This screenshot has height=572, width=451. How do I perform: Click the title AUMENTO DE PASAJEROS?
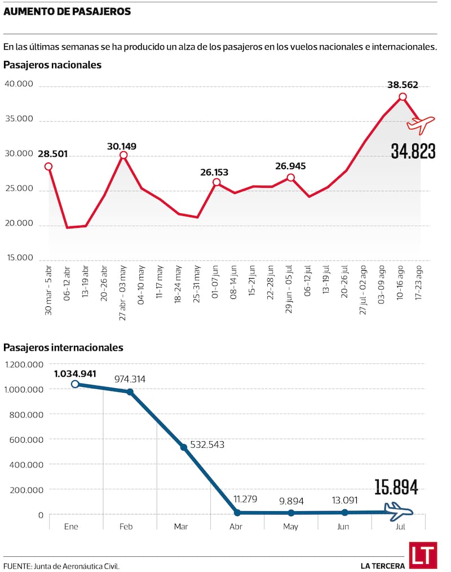67,11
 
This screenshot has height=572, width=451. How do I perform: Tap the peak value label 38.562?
403,85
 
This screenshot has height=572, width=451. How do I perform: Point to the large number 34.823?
413,151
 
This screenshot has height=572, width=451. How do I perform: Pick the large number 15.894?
396,487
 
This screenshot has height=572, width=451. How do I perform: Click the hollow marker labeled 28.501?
48,166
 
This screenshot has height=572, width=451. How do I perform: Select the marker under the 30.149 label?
123,155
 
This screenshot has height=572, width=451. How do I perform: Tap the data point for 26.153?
216,182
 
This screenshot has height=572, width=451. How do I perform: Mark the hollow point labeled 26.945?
290,178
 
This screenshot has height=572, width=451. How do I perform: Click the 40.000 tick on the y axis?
20,85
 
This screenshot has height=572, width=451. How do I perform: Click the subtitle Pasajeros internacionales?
63,347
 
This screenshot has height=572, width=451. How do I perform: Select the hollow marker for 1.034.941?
76,384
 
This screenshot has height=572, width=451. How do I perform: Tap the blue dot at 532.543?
183,447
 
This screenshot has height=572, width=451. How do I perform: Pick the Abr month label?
237,527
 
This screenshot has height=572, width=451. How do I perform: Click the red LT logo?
423,556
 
